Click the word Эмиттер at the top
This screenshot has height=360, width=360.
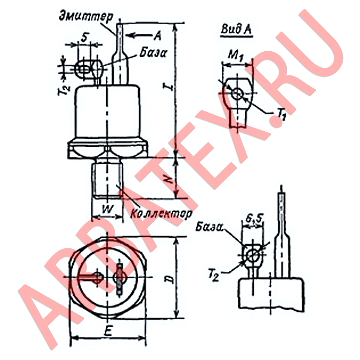86,17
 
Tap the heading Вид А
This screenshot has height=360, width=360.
236,29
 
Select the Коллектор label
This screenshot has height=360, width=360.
161,214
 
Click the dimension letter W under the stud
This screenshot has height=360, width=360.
107,210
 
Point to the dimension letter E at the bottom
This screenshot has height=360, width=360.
108,331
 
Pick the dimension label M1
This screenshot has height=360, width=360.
236,56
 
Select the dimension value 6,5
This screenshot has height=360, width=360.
254,219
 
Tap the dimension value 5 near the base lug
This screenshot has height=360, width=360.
85,37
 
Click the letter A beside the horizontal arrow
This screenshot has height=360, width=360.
157,36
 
